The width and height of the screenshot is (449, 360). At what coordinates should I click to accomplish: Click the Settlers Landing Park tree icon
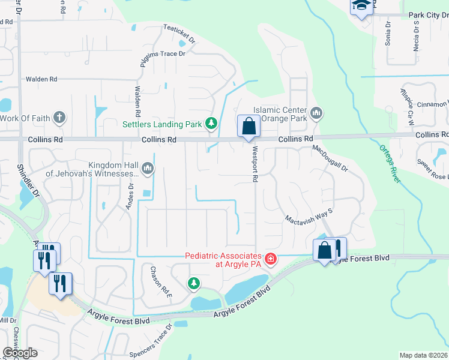211,124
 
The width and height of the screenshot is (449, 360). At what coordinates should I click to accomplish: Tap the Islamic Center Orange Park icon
317,113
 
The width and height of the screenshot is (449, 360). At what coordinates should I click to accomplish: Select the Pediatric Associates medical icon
271,259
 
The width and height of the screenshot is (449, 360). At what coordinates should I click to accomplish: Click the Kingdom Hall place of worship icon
148,170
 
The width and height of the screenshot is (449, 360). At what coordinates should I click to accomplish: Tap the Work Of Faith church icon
59,117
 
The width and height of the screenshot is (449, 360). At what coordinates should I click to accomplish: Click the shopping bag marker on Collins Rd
249,127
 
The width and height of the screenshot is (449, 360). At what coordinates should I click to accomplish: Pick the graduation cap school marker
361,5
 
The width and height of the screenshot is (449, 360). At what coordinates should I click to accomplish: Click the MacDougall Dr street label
330,161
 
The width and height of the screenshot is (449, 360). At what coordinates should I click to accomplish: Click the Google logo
20,353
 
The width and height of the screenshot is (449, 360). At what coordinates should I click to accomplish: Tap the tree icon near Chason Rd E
193,283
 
